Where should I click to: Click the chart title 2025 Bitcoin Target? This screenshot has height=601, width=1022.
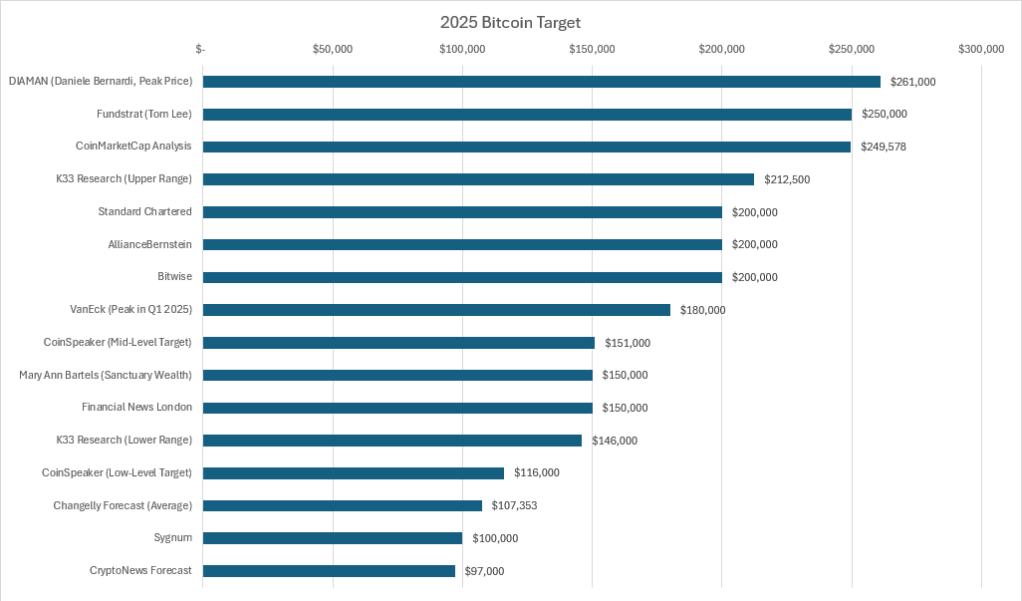click(x=510, y=22)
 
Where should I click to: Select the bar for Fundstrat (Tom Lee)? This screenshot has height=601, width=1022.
click(x=527, y=115)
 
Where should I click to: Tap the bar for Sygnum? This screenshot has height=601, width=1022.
click(x=333, y=538)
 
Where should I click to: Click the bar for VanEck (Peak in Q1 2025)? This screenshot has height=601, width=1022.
click(x=436, y=310)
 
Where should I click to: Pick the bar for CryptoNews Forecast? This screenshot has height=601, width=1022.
click(x=329, y=571)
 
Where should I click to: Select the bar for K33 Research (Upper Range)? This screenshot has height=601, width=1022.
click(x=478, y=179)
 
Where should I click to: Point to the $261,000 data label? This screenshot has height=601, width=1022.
click(x=912, y=82)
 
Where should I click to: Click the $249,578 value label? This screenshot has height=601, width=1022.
click(x=884, y=147)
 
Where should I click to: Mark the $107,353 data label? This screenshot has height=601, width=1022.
click(x=514, y=506)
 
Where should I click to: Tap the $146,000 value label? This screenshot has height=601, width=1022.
click(x=615, y=441)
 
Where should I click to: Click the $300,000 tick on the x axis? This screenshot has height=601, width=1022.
click(x=981, y=49)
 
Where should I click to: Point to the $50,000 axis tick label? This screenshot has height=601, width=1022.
click(x=333, y=49)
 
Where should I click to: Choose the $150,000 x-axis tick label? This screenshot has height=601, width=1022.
click(x=592, y=49)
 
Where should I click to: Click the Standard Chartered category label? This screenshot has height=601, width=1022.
click(x=144, y=212)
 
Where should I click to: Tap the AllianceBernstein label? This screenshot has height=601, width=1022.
click(x=149, y=244)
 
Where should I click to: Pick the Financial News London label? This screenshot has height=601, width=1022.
click(x=136, y=408)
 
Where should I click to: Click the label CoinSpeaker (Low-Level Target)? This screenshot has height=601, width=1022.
click(x=117, y=472)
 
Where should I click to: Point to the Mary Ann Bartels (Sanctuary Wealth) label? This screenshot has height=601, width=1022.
click(x=106, y=375)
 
